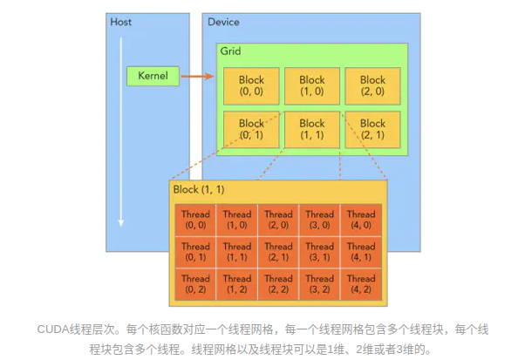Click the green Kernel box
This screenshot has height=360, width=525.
click(153, 76)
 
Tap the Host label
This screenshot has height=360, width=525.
click(120, 21)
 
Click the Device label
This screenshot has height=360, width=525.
click(223, 21)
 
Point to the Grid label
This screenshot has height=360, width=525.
click(230, 51)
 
